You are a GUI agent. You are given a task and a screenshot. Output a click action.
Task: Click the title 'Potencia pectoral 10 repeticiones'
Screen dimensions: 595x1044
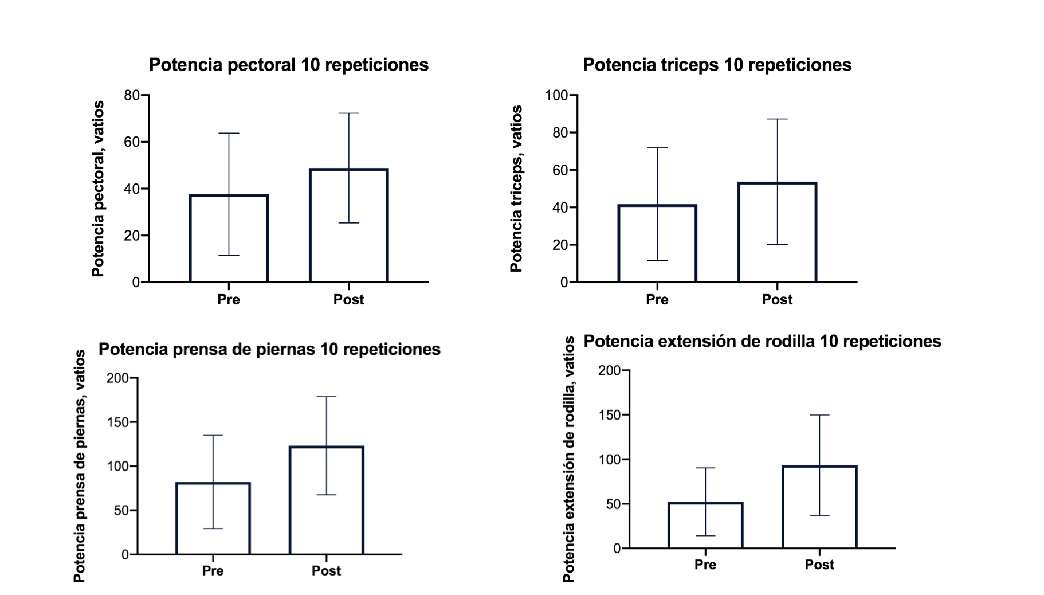[x=288, y=65]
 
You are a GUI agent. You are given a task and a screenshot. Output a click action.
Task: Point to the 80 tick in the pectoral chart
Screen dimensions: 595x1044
[x=132, y=95]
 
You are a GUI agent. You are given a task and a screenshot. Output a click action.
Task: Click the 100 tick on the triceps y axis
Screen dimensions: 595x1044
[x=556, y=95]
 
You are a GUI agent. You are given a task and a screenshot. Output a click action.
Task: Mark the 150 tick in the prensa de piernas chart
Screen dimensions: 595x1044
[x=118, y=422]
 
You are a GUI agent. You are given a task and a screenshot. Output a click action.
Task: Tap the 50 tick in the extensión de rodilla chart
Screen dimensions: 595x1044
[x=614, y=504]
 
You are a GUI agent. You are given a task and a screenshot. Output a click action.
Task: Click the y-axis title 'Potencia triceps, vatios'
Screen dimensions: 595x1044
[x=517, y=189]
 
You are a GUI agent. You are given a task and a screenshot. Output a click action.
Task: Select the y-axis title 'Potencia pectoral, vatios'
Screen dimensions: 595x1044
[x=99, y=189]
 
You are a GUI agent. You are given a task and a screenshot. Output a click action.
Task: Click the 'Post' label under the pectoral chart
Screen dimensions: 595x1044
[x=348, y=300]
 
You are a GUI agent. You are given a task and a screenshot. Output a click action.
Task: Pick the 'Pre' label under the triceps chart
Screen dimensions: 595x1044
[x=657, y=300]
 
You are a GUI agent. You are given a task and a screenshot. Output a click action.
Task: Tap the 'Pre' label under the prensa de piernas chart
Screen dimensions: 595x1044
[x=213, y=571]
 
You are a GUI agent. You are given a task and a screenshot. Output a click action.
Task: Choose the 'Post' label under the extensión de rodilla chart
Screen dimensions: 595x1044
[x=819, y=565]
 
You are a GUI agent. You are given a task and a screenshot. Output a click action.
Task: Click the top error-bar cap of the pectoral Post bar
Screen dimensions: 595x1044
[x=348, y=113]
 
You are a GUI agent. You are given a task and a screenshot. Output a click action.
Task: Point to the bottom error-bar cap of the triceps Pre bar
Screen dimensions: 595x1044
[x=657, y=261]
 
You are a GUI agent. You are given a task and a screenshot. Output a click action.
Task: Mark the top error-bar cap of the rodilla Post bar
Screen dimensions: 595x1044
[x=819, y=415]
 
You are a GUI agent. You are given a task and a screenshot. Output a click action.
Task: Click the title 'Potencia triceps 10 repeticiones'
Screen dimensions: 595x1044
[x=717, y=65]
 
